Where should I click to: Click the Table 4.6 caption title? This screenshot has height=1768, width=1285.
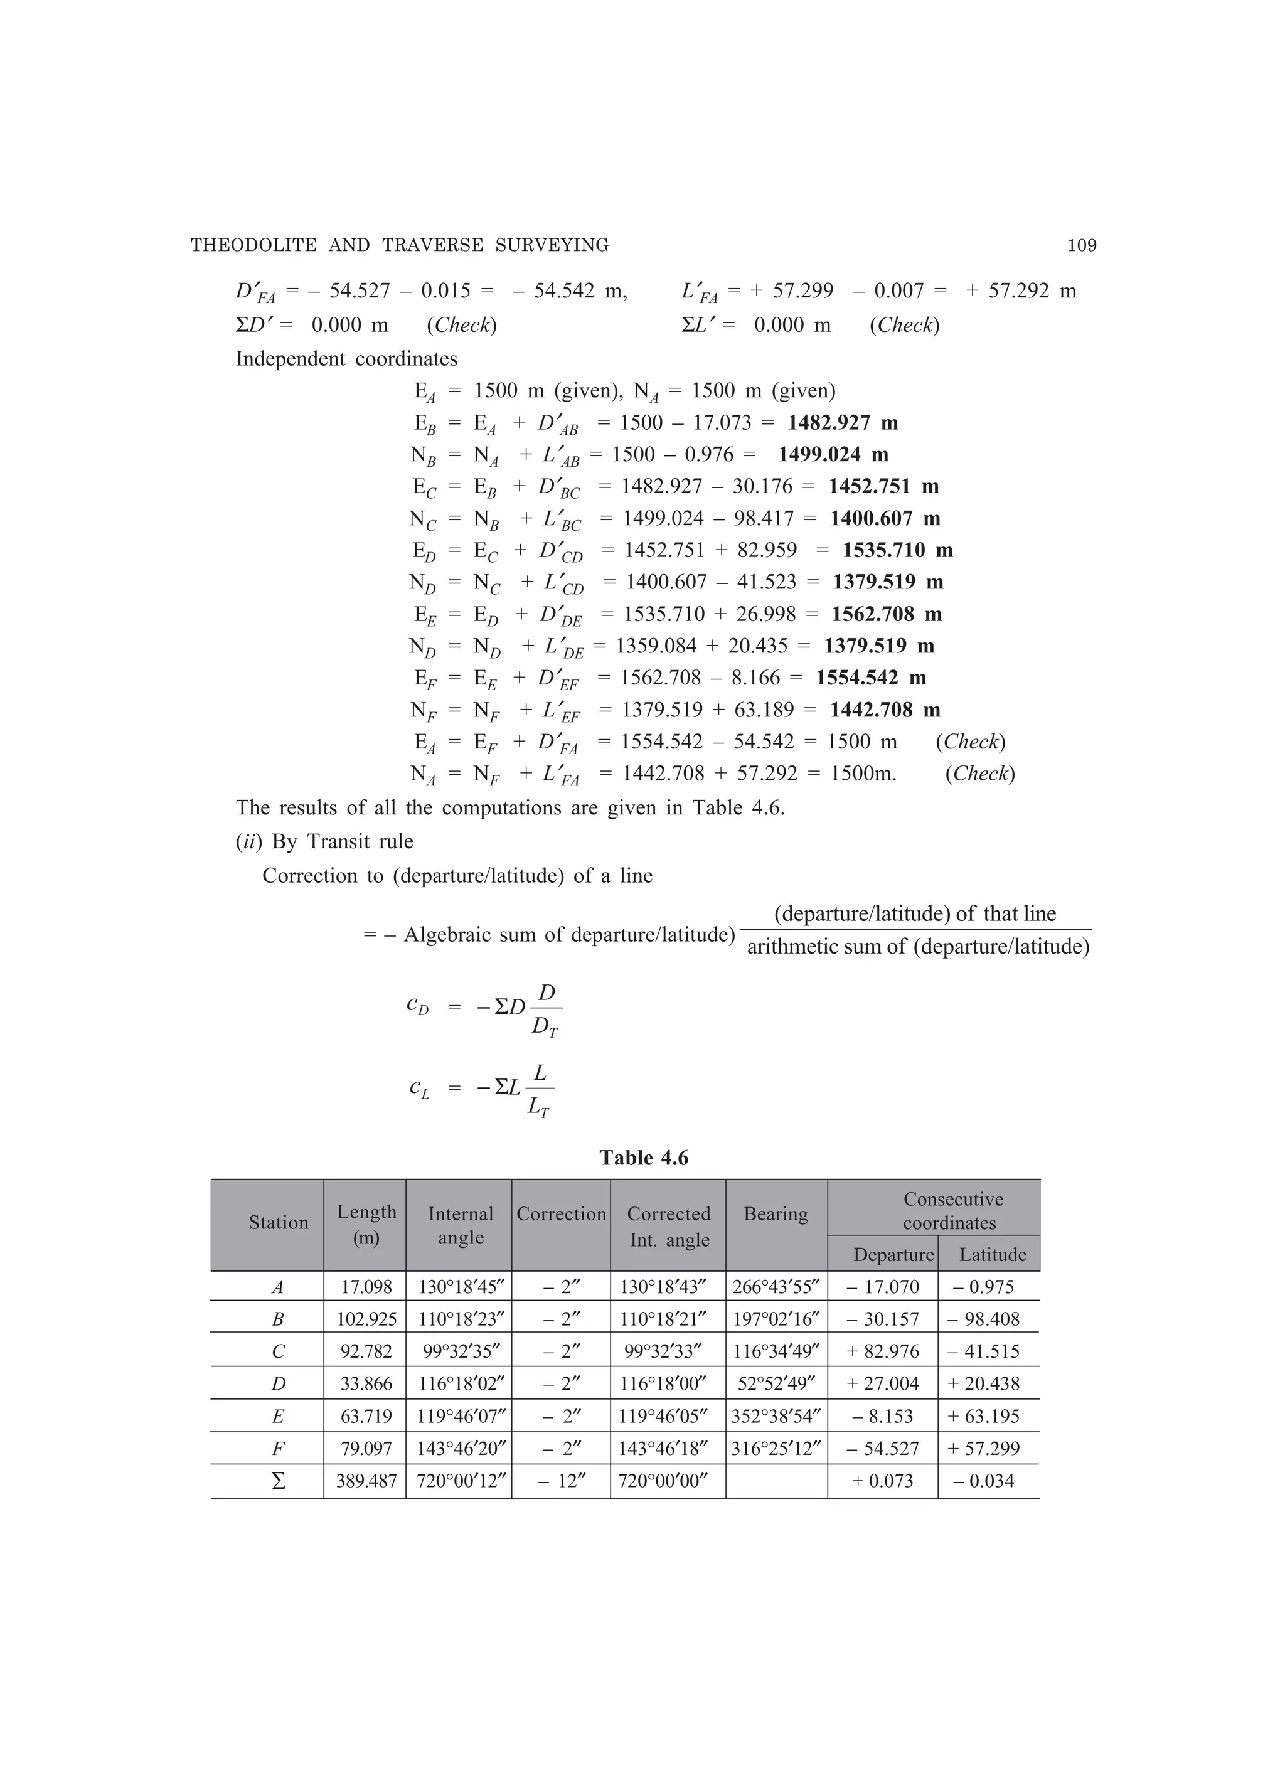pyautogui.click(x=643, y=1158)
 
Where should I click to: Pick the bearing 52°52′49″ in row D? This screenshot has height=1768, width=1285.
pyautogui.click(x=776, y=1383)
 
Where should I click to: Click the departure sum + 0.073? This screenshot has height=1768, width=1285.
pyautogui.click(x=882, y=1481)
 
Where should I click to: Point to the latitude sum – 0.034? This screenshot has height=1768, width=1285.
pyautogui.click(x=989, y=1481)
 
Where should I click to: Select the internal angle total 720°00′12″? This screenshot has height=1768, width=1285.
pyautogui.click(x=459, y=1481)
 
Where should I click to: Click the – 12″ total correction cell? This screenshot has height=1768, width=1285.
pyautogui.click(x=561, y=1481)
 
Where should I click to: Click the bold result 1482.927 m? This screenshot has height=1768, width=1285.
pyautogui.click(x=842, y=423)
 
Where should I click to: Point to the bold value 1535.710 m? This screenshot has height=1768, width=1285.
pyautogui.click(x=897, y=551)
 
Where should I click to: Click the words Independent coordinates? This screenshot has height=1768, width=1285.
pyautogui.click(x=346, y=359)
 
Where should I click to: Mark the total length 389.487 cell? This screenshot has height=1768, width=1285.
pyautogui.click(x=366, y=1481)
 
